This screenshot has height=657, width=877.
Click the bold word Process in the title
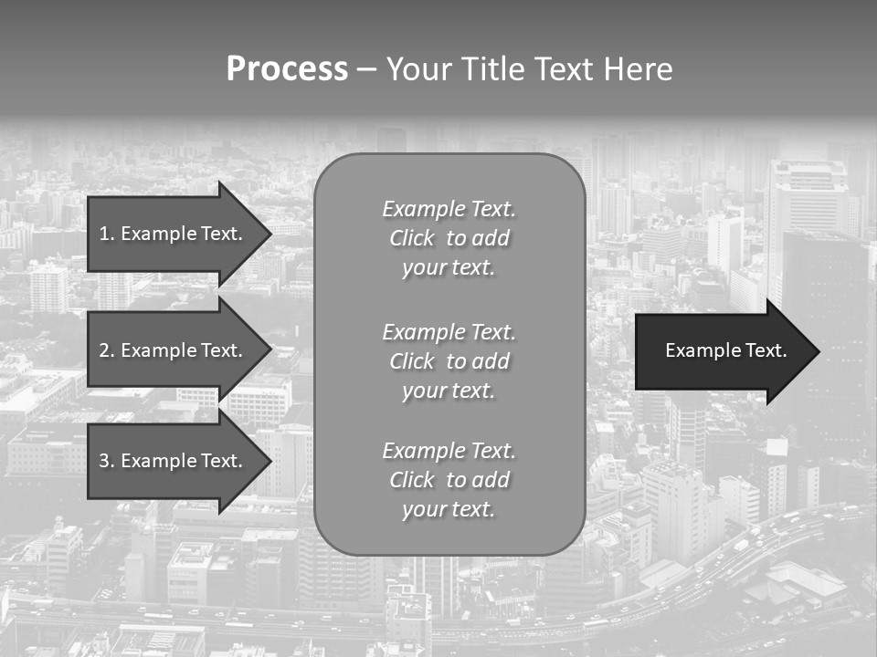tap(287, 69)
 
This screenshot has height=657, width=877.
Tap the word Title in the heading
tap(491, 69)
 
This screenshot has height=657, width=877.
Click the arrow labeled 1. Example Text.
tap(174, 234)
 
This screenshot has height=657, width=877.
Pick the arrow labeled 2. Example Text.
tap(174, 350)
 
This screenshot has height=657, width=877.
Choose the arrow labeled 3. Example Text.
tap(174, 461)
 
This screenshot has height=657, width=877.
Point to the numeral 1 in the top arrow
tap(103, 234)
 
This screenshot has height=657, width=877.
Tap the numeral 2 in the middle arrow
tap(103, 350)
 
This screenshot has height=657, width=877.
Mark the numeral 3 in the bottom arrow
tap(103, 461)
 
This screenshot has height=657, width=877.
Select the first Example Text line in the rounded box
tap(449, 209)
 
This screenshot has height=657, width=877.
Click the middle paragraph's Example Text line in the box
tap(449, 332)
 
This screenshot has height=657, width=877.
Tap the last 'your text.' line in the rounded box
tap(449, 509)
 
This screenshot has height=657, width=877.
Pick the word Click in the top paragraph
tap(412, 238)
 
